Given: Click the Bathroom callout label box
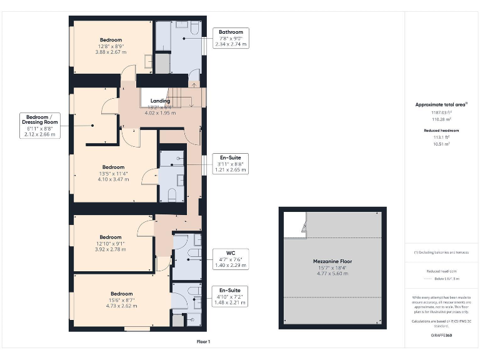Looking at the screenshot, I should pyautogui.click(x=231, y=38).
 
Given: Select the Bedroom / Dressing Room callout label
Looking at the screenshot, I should pyautogui.click(x=42, y=125).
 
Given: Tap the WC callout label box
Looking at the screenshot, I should pyautogui.click(x=231, y=259).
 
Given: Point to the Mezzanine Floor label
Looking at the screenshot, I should pyautogui.click(x=332, y=261).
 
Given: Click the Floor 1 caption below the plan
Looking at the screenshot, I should pyautogui.click(x=203, y=342).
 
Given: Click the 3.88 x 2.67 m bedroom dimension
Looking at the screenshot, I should pyautogui.click(x=111, y=52).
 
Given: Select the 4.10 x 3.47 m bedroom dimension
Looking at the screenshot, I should pyautogui.click(x=113, y=179).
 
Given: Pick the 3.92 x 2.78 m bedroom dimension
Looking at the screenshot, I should pyautogui.click(x=111, y=249).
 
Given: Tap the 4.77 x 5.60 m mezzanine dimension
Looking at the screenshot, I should pyautogui.click(x=332, y=273).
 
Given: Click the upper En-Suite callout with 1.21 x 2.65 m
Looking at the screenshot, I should pyautogui.click(x=231, y=164).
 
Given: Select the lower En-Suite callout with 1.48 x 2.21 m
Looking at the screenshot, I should pyautogui.click(x=231, y=296).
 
